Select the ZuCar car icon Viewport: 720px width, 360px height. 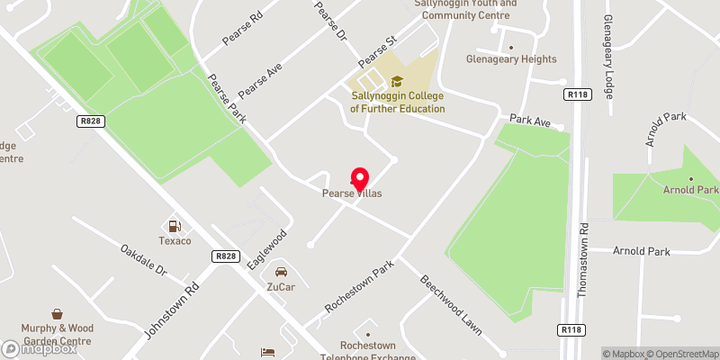281,271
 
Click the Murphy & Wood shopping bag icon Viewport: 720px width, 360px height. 58,314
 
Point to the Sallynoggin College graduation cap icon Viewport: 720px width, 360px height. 397,82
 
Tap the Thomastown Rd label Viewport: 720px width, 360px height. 584,260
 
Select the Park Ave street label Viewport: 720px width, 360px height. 529,119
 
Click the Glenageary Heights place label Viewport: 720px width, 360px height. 511,59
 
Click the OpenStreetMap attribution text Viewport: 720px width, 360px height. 681,353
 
